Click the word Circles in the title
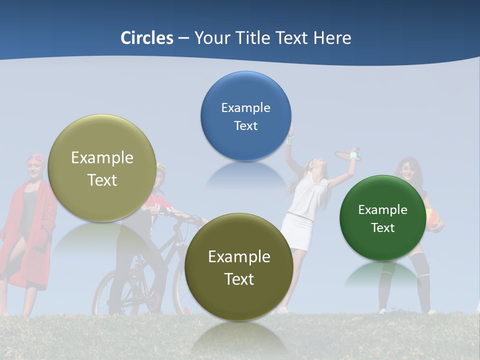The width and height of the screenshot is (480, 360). click(x=146, y=38)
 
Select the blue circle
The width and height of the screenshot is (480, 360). click(x=245, y=116)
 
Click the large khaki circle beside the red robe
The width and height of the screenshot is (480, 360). click(x=102, y=168)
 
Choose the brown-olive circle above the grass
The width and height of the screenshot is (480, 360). click(x=239, y=267)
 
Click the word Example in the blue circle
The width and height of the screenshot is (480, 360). click(x=245, y=107)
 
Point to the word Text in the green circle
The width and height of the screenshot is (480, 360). click(x=382, y=228)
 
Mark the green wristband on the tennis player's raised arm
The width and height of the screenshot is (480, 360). click(x=354, y=155)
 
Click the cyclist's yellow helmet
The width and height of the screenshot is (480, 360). click(x=160, y=166)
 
